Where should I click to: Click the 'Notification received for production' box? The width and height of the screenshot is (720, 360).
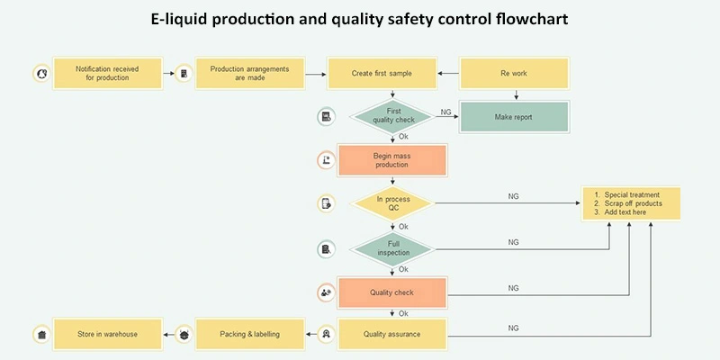108,73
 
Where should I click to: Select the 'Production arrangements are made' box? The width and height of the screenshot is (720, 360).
251,73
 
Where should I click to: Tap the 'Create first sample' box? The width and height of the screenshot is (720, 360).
382,73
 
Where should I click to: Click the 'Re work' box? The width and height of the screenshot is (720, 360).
514,73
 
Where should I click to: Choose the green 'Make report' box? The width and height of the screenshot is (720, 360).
514,117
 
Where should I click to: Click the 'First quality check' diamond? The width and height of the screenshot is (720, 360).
393,116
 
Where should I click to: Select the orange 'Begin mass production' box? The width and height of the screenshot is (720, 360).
391,160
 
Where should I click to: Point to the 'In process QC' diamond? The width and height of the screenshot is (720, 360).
393,203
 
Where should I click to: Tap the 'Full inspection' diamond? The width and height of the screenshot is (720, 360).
393,247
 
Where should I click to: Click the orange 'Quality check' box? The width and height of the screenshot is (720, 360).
391,292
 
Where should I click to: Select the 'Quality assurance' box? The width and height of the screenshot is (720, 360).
391,335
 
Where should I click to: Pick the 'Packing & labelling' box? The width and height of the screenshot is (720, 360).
250,335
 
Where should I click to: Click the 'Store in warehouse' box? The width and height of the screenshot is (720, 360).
108,335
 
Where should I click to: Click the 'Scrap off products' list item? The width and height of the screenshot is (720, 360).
633,203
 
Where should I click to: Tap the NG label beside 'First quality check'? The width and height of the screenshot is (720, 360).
445,112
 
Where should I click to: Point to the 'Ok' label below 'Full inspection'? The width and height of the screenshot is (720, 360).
403,269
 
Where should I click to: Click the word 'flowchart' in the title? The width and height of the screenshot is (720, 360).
535,19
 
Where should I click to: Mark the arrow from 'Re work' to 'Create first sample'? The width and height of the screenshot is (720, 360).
448,73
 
